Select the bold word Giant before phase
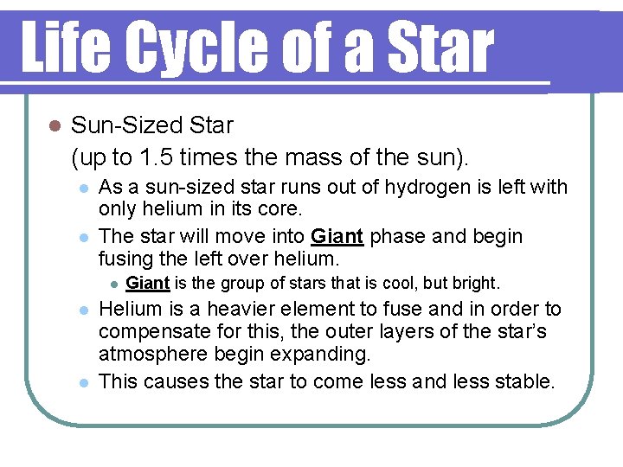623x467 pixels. click(x=337, y=236)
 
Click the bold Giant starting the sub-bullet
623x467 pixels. click(x=147, y=283)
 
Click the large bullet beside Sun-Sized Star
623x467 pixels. click(x=52, y=126)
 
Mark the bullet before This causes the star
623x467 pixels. click(x=81, y=381)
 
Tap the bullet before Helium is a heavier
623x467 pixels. click(x=81, y=310)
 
